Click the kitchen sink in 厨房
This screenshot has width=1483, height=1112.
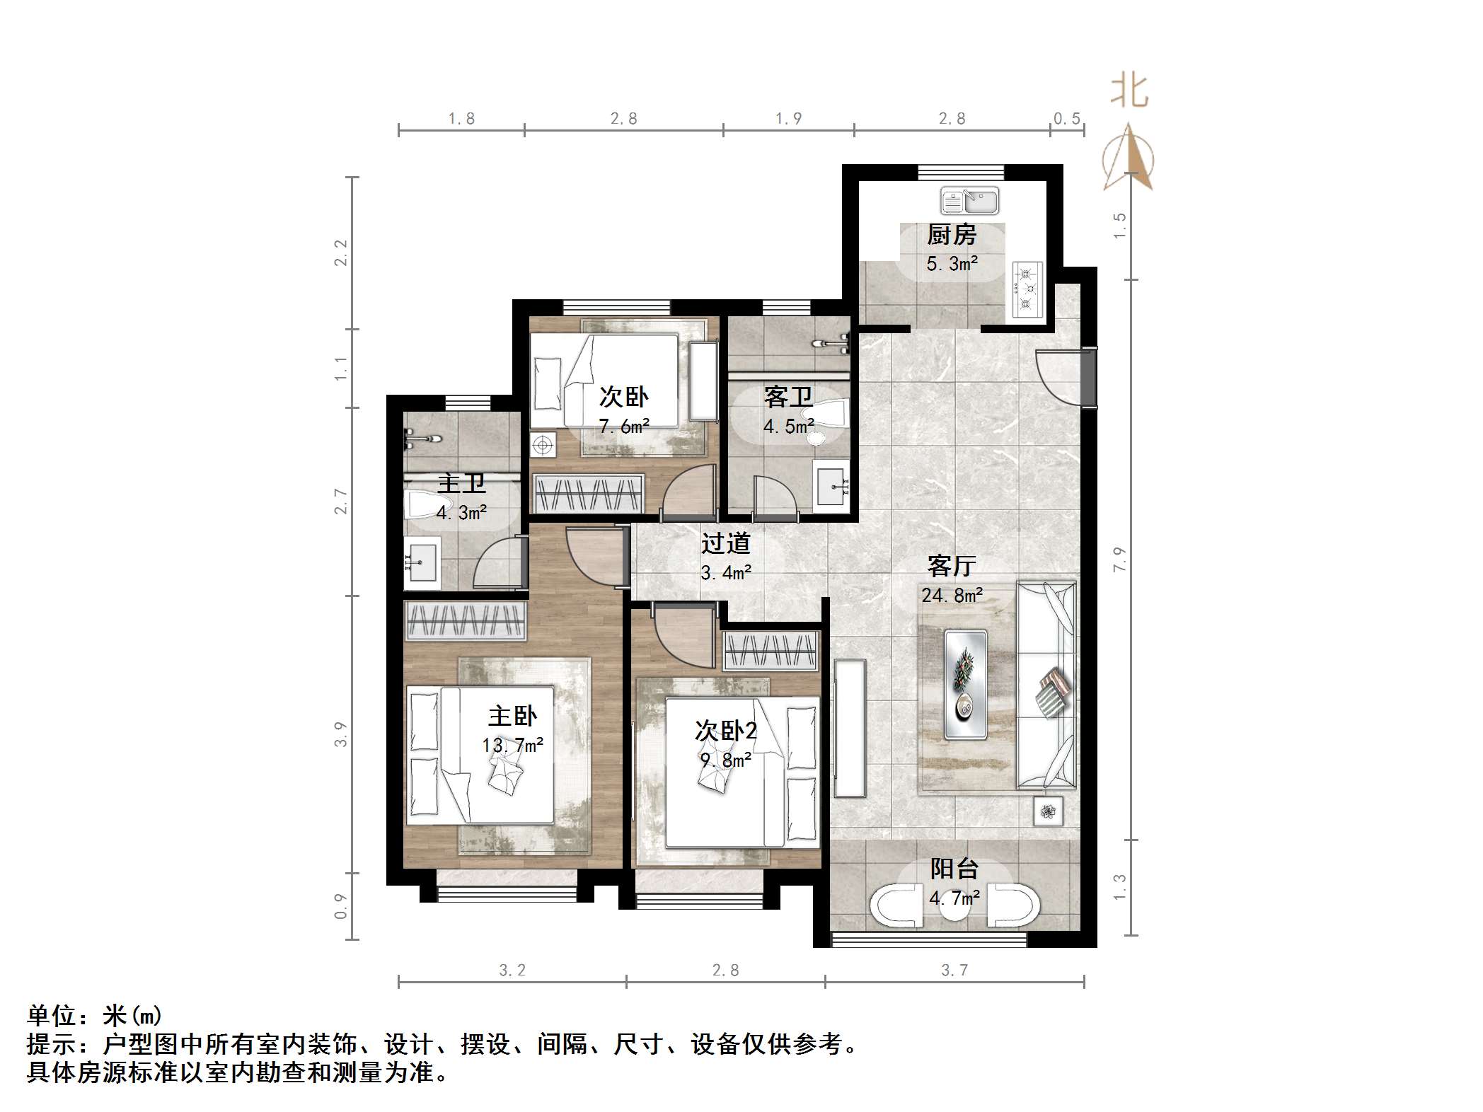[x=969, y=201]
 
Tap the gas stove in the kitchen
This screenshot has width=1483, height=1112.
[x=1027, y=289]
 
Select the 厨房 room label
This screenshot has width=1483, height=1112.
[x=952, y=235]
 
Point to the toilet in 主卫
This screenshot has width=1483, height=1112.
[x=422, y=505]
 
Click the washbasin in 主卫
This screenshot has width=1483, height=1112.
[x=422, y=563]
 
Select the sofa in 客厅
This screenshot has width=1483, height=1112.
[x=1046, y=685]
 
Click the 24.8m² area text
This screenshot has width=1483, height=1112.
[x=952, y=596]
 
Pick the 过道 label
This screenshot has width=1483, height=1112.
[x=725, y=543]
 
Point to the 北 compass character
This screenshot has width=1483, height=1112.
[x=1129, y=92]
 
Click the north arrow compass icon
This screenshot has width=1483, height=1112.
[x=1129, y=159]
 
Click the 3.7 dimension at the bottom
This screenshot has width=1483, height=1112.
[x=954, y=970]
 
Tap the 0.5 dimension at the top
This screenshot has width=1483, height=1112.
[x=1067, y=119]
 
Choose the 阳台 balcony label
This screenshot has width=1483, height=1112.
[x=954, y=869]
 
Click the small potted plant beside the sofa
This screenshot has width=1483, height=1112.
[x=1048, y=811]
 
